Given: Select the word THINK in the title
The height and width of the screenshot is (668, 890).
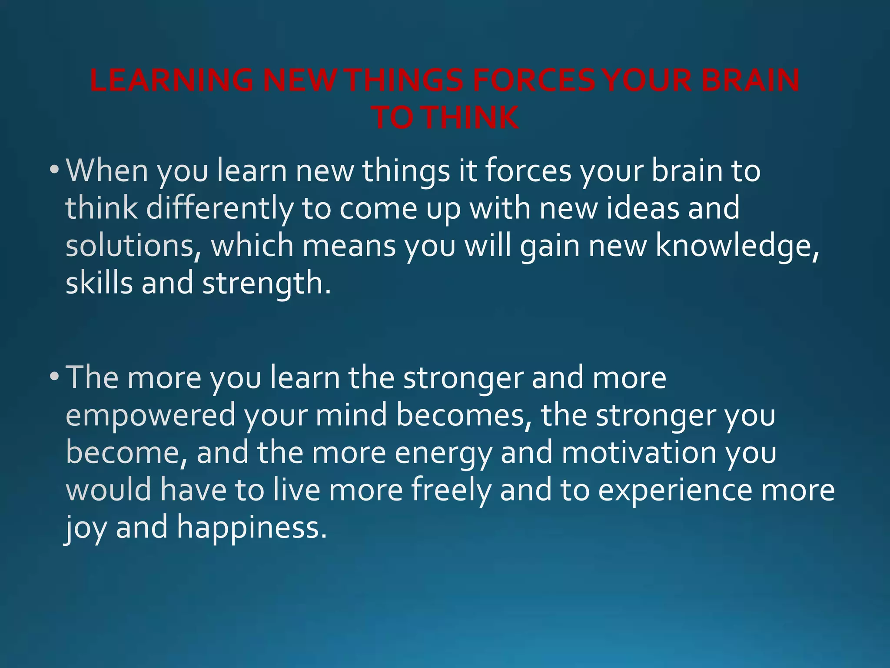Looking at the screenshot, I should pos(472,118).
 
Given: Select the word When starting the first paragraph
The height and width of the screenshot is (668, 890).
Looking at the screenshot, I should pos(107,170).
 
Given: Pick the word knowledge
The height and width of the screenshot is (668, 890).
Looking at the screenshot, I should pos(737,246).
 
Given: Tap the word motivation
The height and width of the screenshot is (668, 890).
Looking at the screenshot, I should pos(639,453).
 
